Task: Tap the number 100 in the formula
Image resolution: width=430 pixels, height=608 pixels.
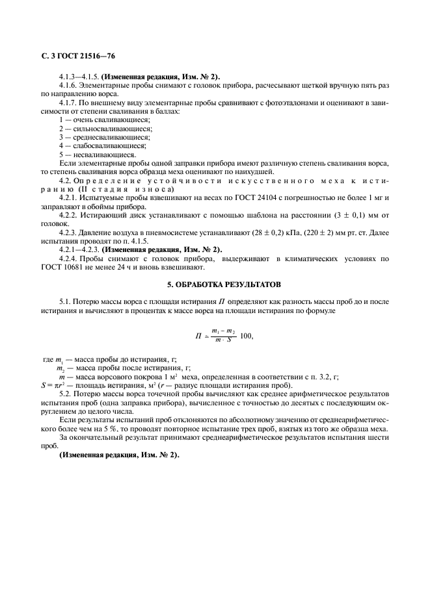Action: click(x=246, y=336)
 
